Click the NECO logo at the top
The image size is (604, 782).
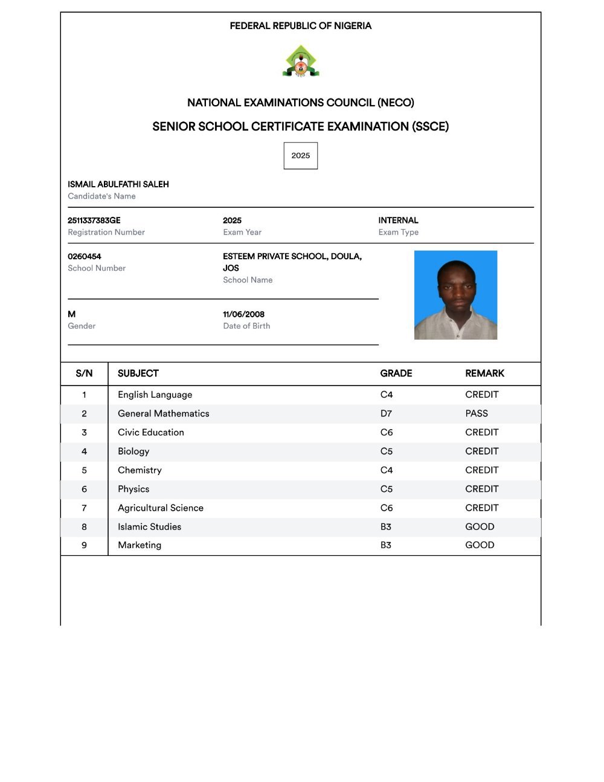(x=300, y=61)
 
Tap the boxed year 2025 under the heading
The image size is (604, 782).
(x=301, y=156)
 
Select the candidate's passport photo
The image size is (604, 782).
(x=455, y=295)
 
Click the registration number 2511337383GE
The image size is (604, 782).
(x=94, y=221)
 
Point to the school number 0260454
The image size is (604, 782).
(x=85, y=256)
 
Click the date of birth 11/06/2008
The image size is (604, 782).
(x=243, y=314)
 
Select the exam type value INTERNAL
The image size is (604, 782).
(x=398, y=221)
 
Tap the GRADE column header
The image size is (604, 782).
(x=396, y=373)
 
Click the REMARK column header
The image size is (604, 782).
(x=484, y=373)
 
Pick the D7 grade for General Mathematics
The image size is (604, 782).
(x=386, y=413)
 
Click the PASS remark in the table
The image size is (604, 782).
(x=477, y=413)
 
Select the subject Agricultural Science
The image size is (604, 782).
(x=161, y=508)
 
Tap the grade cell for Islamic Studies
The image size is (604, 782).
(x=386, y=527)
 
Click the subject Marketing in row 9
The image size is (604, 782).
(x=140, y=545)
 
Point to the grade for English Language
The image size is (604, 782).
(x=387, y=395)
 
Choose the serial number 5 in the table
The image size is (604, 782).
(x=84, y=470)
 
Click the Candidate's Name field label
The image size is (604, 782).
(x=101, y=196)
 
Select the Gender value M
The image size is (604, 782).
(x=72, y=314)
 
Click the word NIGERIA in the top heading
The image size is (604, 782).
(x=353, y=26)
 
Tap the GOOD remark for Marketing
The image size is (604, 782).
(x=480, y=545)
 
